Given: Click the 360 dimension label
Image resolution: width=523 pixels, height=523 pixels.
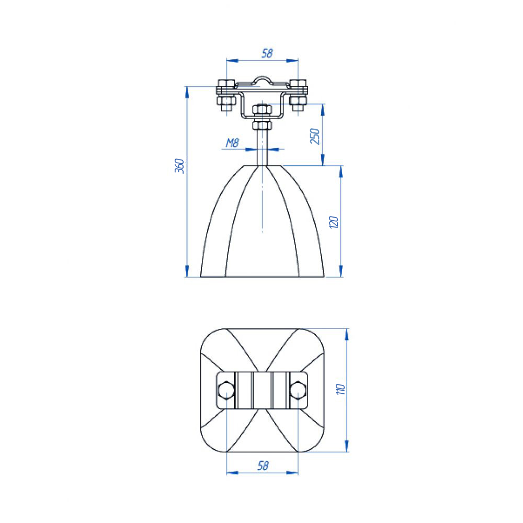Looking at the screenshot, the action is pyautogui.click(x=179, y=166).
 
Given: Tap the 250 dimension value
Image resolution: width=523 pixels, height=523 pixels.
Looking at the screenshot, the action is pyautogui.click(x=315, y=136).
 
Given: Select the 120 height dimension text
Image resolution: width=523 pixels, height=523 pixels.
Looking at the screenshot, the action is pyautogui.click(x=334, y=222).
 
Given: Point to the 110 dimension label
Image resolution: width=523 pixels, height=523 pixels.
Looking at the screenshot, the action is pyautogui.click(x=340, y=389).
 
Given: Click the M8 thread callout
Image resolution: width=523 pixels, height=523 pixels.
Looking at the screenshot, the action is pyautogui.click(x=233, y=143).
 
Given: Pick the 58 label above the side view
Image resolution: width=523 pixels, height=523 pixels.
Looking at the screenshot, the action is pyautogui.click(x=267, y=53).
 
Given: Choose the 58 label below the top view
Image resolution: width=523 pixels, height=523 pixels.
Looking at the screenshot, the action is pyautogui.click(x=263, y=465).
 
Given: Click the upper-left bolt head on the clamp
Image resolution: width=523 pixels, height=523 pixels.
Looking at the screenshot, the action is pyautogui.click(x=226, y=83).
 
